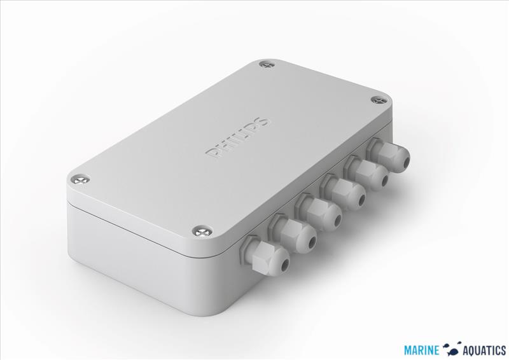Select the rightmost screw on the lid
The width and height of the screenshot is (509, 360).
[379, 100]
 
